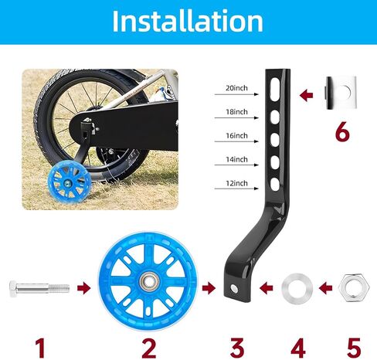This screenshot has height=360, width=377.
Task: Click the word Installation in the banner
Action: pos(188,21)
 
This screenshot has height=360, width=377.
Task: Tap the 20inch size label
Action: pos(236,88)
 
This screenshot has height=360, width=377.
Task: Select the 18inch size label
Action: pos(236,112)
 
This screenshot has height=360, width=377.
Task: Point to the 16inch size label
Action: pos(236,136)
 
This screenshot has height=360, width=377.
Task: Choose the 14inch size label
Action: pos(236,159)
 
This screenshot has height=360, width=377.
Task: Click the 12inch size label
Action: pos(236,183)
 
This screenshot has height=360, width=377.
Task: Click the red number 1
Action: pos(40,348)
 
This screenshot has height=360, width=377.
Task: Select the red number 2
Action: pos(149,348)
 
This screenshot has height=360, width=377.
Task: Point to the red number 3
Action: pos(237,348)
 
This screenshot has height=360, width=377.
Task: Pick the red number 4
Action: pos(298,348)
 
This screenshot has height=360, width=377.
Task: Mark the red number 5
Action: pos(354,348)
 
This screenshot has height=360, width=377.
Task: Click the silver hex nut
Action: pos(354,287)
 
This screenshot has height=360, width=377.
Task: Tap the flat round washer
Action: pos(297,288)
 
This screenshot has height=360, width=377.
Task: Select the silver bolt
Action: pos(39,288)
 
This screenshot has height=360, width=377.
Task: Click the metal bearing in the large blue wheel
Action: pos(148,281)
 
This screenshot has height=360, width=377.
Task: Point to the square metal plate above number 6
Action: pos(341,93)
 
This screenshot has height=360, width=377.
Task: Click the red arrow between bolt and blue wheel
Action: pos(83,288)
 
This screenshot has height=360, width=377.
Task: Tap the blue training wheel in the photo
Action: pos(70,181)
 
